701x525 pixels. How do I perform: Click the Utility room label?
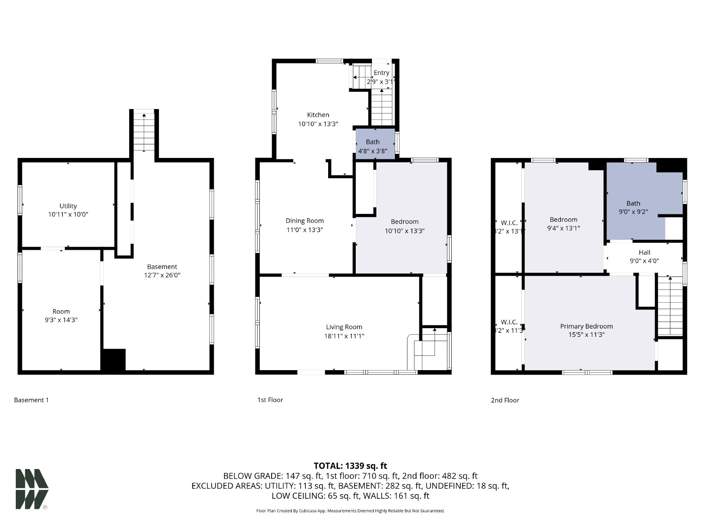click(68, 206)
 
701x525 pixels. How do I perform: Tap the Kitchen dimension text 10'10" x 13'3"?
click(318, 124)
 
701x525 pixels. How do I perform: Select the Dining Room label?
click(304, 220)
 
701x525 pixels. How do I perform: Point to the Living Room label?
click(344, 327)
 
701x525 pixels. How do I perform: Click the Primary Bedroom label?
click(586, 326)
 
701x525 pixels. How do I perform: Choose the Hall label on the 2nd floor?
click(644, 252)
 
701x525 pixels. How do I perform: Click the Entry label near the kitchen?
click(381, 73)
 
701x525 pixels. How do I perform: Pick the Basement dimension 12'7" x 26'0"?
click(162, 275)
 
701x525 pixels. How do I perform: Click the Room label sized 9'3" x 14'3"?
click(61, 311)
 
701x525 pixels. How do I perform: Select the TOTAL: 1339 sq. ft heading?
click(350, 465)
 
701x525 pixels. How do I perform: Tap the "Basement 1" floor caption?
click(31, 400)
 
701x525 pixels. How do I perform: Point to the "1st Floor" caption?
click(270, 400)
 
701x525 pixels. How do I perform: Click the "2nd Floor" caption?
click(505, 400)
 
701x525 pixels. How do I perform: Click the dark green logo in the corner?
click(32, 489)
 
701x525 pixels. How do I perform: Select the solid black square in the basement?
click(113, 360)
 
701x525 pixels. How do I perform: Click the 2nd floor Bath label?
click(633, 203)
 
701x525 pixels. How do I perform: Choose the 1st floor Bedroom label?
click(404, 221)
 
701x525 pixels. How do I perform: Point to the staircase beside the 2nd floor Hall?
click(670, 306)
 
